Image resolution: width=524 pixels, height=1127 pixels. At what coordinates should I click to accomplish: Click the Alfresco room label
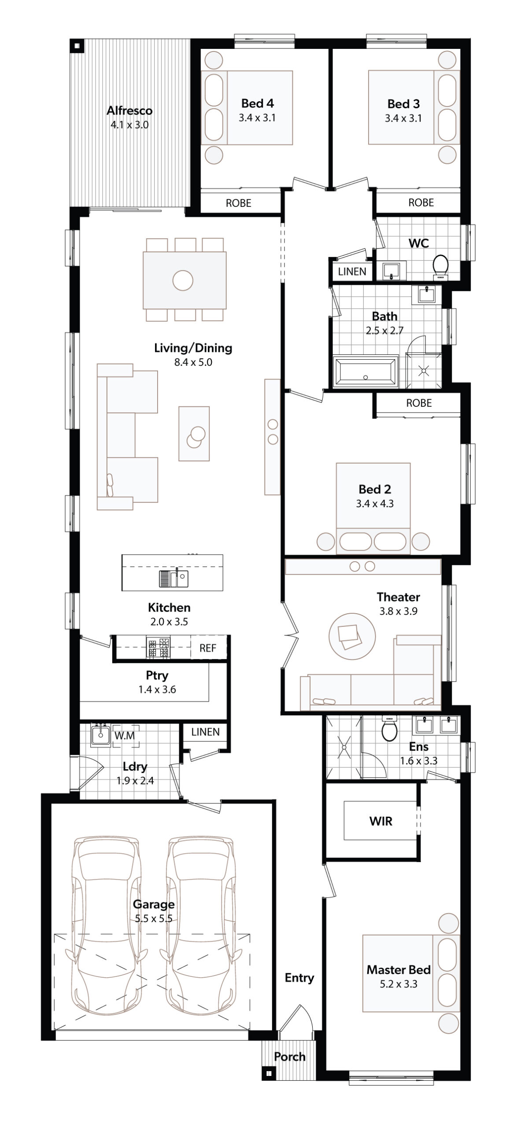(129, 110)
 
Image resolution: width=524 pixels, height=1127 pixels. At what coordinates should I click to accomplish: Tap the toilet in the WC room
(440, 267)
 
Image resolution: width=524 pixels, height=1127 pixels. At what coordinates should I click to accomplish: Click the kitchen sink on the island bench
(174, 578)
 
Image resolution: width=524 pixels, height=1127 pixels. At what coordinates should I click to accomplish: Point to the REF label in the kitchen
(208, 648)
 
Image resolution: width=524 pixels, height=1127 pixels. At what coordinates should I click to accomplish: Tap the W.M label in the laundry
(125, 736)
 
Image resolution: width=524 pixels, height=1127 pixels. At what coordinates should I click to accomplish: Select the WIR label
(381, 821)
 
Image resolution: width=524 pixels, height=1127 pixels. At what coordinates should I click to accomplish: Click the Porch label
(290, 1057)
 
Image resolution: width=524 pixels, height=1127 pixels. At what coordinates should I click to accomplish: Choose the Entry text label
(299, 978)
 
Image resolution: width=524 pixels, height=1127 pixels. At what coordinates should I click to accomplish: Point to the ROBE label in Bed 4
(239, 203)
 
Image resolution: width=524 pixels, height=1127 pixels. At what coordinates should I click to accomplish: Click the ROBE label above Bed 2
(419, 403)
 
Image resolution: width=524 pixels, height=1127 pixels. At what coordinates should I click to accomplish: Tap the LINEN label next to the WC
(352, 272)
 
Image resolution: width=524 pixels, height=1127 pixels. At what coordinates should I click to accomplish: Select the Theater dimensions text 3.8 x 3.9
(399, 611)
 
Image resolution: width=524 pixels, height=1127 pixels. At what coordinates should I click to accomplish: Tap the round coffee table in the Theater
(352, 634)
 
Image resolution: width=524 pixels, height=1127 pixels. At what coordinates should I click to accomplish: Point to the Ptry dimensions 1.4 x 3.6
(157, 689)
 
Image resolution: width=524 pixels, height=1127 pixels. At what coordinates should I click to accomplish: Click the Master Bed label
(399, 970)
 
